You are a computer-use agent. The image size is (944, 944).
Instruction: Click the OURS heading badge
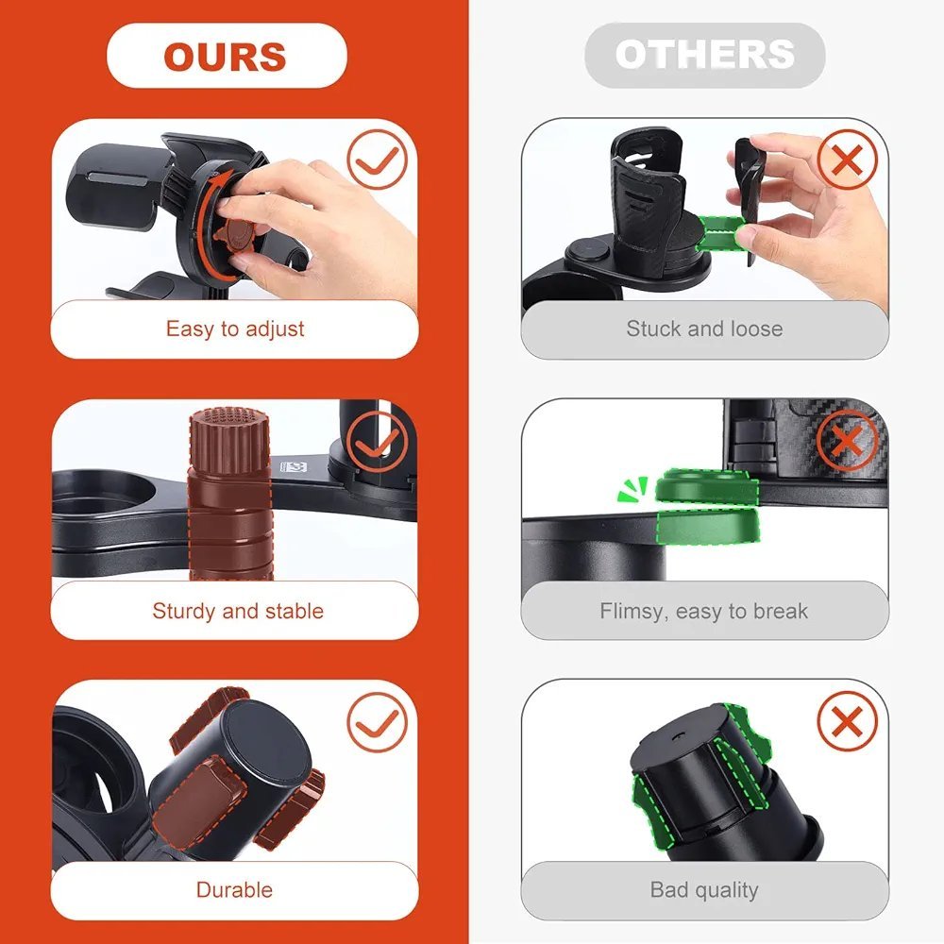coord(227,56)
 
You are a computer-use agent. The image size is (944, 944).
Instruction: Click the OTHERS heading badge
coord(704,55)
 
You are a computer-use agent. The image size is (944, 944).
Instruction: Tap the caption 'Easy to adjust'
coord(235,329)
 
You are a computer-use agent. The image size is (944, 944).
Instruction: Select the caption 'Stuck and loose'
coord(704,329)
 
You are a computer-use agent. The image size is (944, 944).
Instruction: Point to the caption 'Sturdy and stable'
coord(238,611)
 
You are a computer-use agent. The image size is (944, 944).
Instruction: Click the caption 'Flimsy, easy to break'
coord(704,611)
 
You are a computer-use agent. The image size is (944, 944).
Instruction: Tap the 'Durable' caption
coord(234,890)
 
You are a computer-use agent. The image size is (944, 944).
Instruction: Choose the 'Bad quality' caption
coord(704,890)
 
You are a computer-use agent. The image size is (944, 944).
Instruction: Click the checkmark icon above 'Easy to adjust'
coord(378,160)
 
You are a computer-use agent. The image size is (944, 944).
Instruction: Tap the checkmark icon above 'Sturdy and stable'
coord(378,442)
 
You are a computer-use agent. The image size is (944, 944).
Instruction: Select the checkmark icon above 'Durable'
coord(378,722)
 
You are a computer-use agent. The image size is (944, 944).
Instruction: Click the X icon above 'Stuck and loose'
coord(848,160)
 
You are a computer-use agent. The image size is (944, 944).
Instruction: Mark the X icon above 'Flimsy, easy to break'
coord(848,440)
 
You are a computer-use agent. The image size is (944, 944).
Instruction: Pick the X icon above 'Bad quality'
coord(848,720)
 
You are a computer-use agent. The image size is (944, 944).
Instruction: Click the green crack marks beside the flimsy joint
coord(632,488)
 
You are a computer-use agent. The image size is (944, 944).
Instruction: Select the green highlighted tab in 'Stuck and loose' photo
coord(720,233)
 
